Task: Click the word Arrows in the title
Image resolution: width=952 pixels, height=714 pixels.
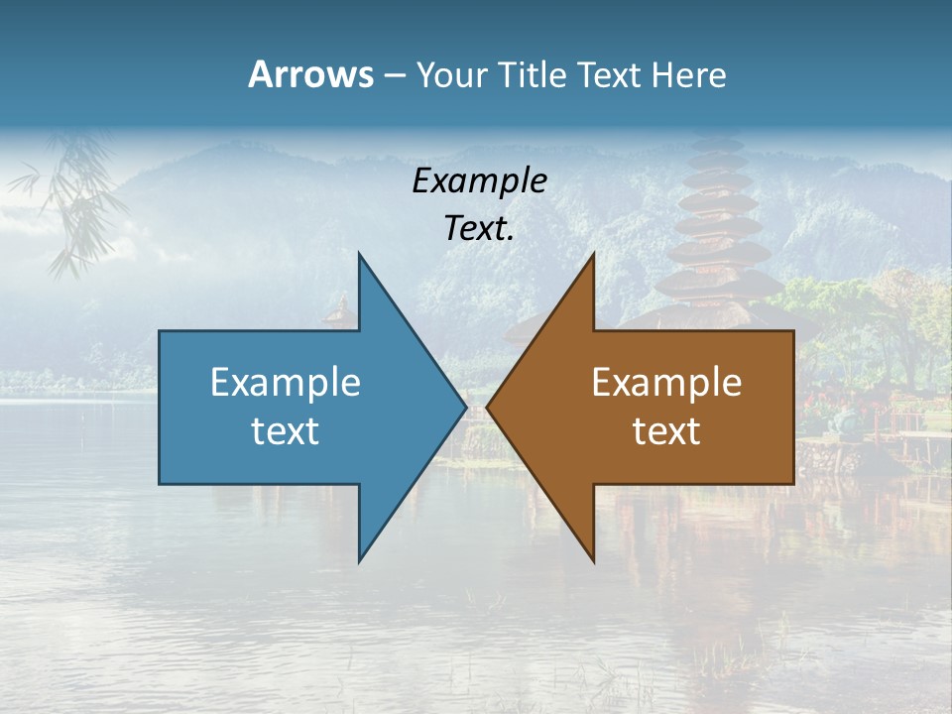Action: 310,74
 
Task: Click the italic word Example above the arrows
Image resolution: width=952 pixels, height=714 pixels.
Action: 480,181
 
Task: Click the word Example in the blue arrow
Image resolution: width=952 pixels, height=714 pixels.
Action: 286,383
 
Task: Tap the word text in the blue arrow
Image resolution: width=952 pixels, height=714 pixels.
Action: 286,431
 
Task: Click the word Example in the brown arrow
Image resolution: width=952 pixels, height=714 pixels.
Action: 666,383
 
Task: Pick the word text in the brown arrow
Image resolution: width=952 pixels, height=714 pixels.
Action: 666,431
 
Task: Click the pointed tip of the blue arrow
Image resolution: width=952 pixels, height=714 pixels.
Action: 465,407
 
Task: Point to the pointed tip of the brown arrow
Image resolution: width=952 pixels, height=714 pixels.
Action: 488,407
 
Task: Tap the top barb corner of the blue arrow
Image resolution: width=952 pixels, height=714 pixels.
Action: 360,254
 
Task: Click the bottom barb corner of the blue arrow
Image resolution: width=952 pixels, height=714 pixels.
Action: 360,561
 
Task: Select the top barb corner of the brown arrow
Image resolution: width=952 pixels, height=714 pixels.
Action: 593,254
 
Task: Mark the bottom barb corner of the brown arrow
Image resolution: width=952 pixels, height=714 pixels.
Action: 593,561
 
